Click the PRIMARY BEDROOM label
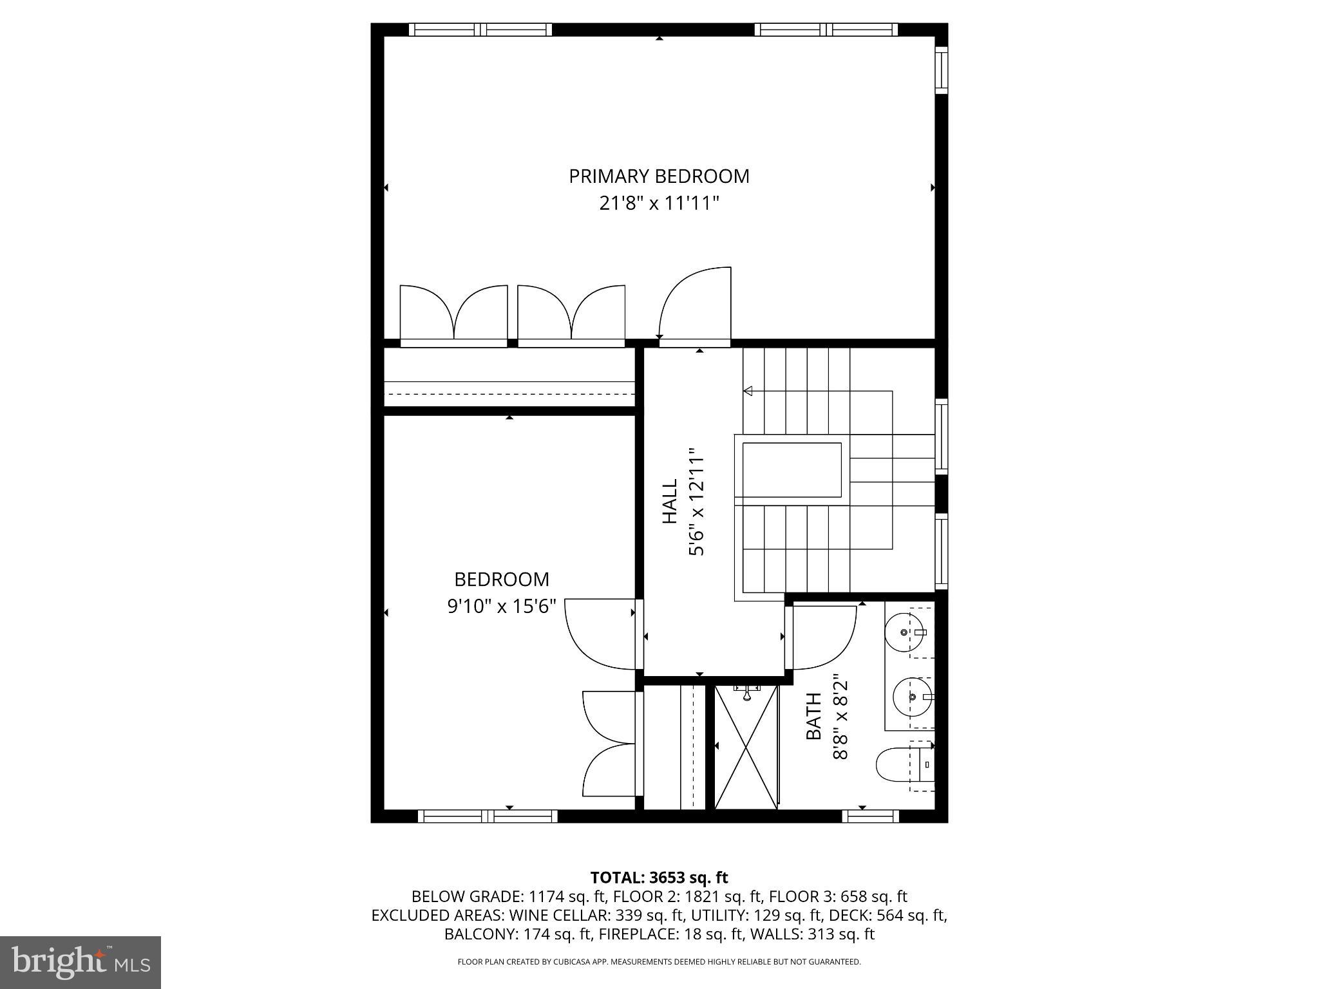[x=659, y=176]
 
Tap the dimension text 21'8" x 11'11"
[x=659, y=203]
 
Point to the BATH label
[x=814, y=716]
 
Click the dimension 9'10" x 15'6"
[x=502, y=607]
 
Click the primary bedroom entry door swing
[x=694, y=306]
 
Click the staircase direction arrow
[x=748, y=391]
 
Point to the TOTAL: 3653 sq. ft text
[x=659, y=878]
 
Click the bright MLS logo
[x=81, y=962]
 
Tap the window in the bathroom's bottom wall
[x=870, y=816]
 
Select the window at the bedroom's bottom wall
[x=488, y=816]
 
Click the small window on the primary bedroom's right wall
[x=941, y=70]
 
